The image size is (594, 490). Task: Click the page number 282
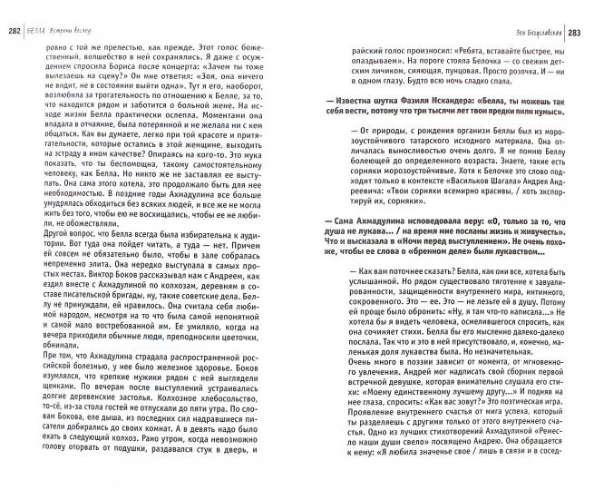15,10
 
